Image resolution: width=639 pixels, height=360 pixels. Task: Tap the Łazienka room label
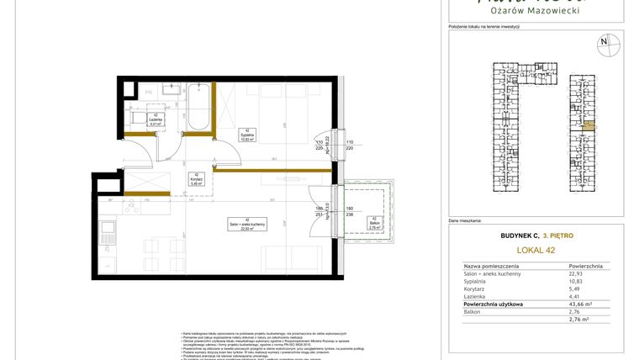[155, 120]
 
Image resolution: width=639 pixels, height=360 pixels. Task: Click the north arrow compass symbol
[603, 41]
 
